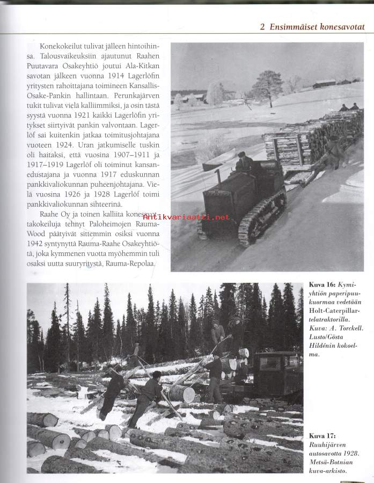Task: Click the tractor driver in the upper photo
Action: click(x=244, y=163)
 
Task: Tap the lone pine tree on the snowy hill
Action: click(x=267, y=85)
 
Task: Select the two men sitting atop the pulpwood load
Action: click(x=349, y=107)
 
